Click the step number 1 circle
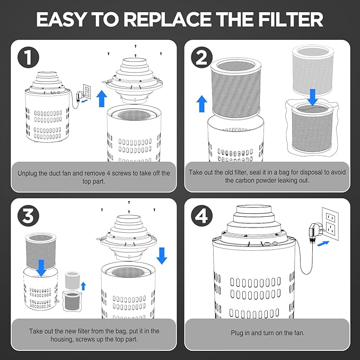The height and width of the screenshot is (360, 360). [x=28, y=57]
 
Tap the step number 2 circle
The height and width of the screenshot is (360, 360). [x=201, y=57]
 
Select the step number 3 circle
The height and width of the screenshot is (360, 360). [x=28, y=216]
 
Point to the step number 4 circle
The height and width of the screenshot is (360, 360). [x=201, y=216]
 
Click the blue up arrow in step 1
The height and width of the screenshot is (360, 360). [x=101, y=99]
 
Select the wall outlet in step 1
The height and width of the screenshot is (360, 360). [x=87, y=92]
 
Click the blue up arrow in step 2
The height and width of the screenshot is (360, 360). [x=202, y=104]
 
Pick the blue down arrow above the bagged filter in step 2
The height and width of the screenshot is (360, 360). [x=312, y=98]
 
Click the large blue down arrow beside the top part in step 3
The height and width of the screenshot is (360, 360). [x=162, y=256]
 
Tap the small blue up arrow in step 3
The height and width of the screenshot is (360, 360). [x=83, y=286]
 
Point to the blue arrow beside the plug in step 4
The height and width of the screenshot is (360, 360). [x=323, y=244]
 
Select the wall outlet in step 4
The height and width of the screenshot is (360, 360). [x=330, y=224]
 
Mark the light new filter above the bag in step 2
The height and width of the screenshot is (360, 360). [x=312, y=71]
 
